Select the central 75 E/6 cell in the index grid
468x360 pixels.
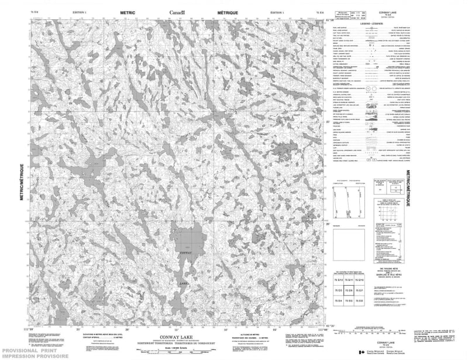pos(349,290)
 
